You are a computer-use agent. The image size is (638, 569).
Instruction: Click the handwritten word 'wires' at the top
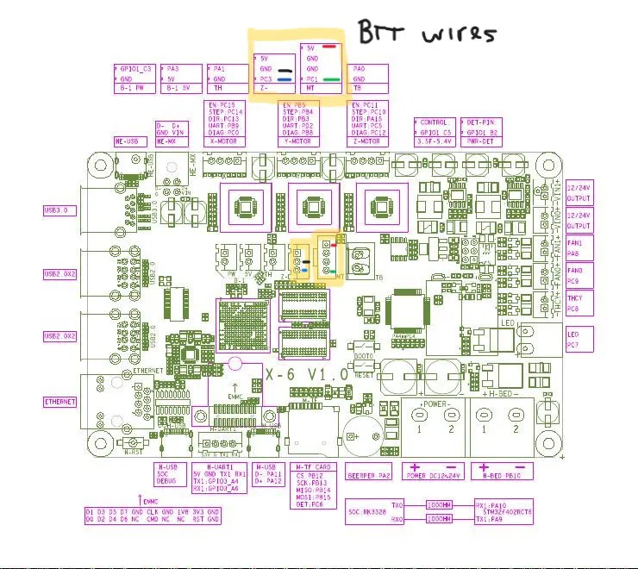tap(460, 34)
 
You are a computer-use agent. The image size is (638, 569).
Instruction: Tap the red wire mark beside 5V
tap(329, 47)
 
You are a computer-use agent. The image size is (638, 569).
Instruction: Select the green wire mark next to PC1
tap(331, 78)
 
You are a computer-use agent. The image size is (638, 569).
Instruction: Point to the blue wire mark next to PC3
tap(284, 78)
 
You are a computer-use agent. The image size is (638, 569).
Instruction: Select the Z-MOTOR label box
tap(370, 141)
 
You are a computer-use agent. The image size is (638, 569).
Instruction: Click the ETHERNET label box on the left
tap(60, 402)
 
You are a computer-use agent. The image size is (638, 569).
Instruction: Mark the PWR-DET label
tap(480, 141)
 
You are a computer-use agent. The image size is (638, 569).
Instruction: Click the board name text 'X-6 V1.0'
tap(306, 375)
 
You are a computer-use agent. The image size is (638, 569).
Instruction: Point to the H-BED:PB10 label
tap(506, 475)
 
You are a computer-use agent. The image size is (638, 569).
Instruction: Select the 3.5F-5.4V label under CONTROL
tap(434, 141)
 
